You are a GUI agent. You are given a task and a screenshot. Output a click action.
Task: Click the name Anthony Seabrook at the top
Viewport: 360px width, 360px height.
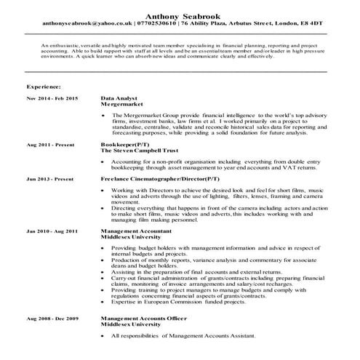180,15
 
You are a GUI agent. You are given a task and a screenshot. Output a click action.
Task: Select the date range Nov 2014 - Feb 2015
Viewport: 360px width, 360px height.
52,97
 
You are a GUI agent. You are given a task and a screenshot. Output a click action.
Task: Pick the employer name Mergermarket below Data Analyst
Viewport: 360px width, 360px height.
123,104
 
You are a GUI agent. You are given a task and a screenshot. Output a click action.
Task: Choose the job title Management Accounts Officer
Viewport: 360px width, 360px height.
143,319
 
